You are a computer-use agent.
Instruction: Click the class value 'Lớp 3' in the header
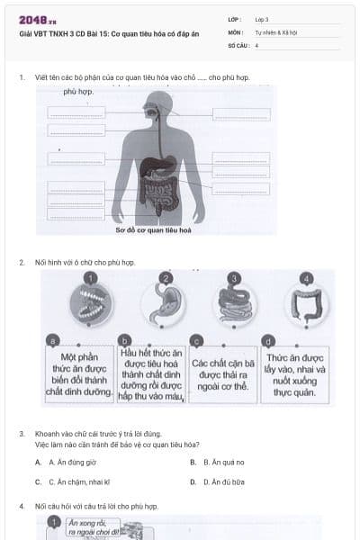click(262, 19)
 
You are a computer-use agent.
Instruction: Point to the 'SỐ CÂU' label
click(238, 44)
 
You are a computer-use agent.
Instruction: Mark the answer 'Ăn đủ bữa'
click(218, 481)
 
